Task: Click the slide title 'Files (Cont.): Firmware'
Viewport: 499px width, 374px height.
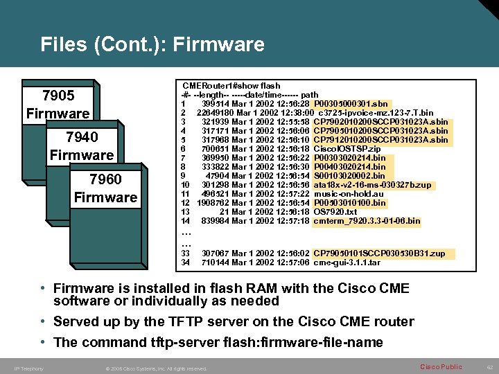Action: [152, 45]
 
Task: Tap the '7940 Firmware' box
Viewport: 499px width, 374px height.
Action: [82, 146]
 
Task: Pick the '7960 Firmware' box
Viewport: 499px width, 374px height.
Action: [105, 188]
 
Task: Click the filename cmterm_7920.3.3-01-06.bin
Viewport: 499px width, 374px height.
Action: [367, 221]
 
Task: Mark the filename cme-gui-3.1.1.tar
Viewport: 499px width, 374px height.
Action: [347, 262]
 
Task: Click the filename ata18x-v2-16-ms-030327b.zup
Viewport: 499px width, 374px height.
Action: [372, 185]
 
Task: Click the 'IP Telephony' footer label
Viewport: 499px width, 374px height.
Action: [28, 368]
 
